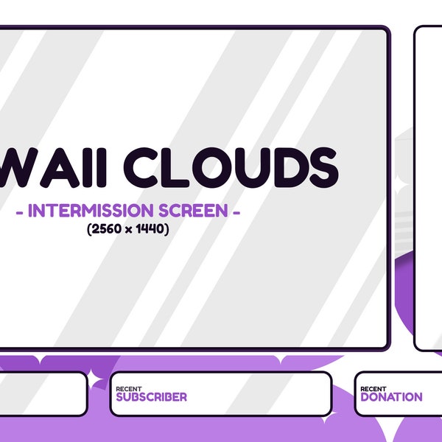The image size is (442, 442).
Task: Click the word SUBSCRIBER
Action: pyautogui.click(x=151, y=397)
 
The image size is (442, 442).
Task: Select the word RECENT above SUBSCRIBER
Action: pyautogui.click(x=129, y=388)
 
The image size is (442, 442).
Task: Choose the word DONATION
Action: pyautogui.click(x=391, y=397)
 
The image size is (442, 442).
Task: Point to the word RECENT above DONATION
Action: pyautogui.click(x=373, y=388)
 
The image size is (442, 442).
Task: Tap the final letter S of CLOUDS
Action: pyautogui.click(x=321, y=166)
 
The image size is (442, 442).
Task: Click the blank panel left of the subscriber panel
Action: pyautogui.click(x=41, y=393)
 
